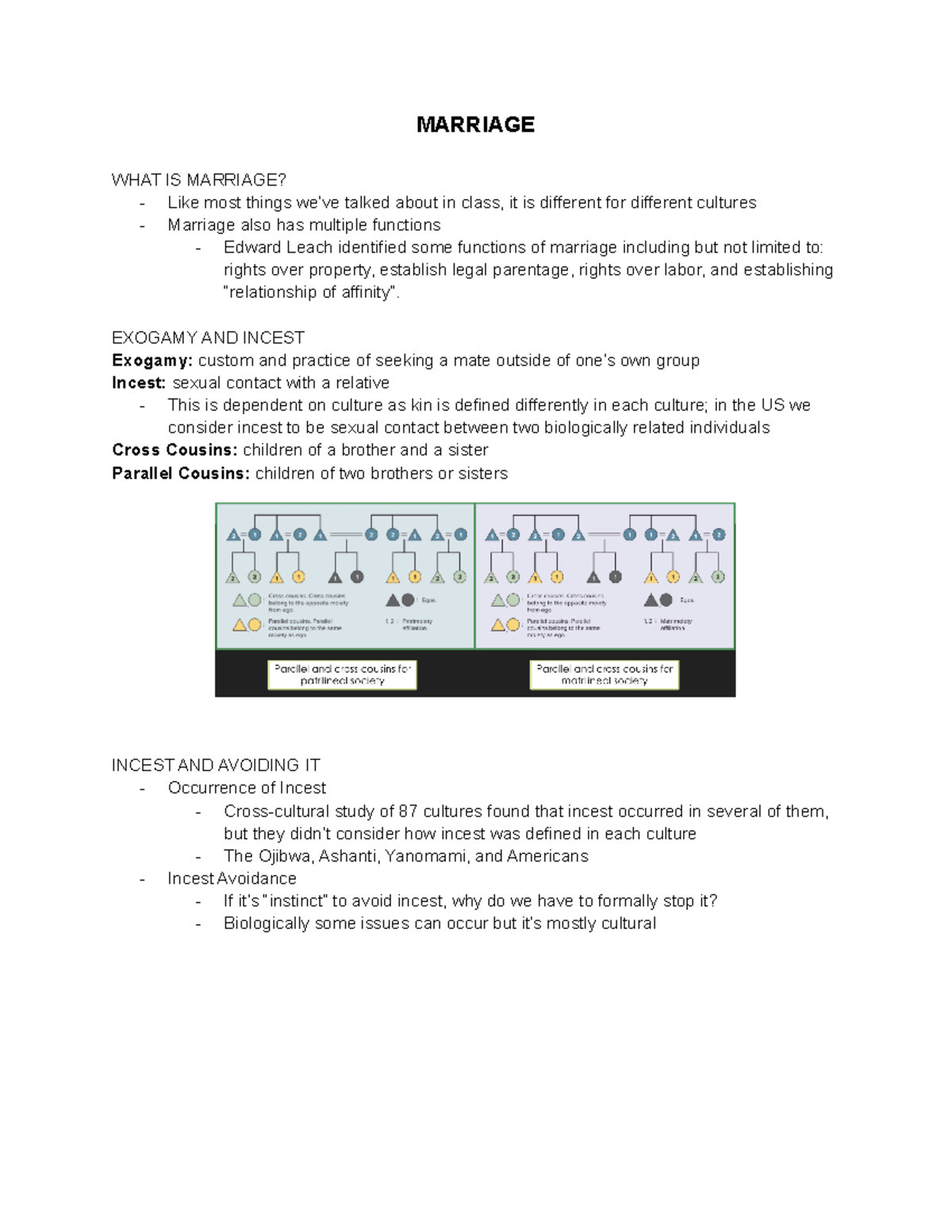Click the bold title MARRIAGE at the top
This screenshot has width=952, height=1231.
click(x=475, y=124)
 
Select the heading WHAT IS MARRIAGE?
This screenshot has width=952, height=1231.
click(x=198, y=180)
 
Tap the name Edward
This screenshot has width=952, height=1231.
click(x=250, y=247)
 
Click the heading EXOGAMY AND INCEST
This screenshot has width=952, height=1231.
click(x=208, y=338)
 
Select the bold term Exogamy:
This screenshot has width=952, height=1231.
click(x=152, y=361)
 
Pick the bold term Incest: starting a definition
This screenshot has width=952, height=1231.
click(x=139, y=383)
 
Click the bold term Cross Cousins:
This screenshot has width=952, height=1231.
click(x=175, y=450)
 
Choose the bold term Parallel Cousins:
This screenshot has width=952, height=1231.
click(x=181, y=473)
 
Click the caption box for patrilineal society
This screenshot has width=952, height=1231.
click(x=342, y=675)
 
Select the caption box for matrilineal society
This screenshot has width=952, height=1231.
click(x=604, y=675)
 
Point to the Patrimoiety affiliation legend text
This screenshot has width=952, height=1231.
click(x=416, y=624)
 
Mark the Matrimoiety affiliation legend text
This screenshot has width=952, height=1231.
click(x=675, y=624)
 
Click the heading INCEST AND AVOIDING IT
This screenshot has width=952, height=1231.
click(x=216, y=766)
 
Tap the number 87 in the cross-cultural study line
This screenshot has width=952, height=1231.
click(x=408, y=811)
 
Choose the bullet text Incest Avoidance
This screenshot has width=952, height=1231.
click(x=232, y=878)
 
